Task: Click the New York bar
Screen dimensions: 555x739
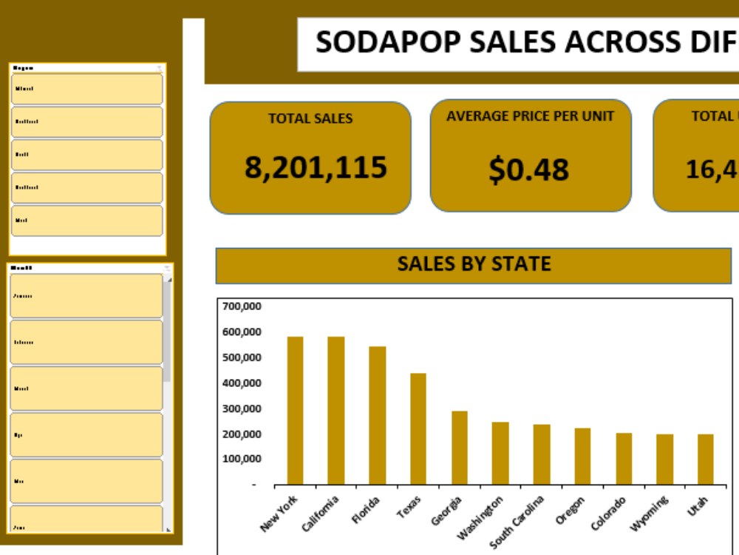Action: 295,411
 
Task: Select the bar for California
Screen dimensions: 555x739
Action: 336,411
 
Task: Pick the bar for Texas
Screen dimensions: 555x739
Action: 418,428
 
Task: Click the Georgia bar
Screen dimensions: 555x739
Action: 460,448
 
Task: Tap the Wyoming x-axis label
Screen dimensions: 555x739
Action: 650,513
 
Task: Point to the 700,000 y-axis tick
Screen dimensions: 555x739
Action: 242,306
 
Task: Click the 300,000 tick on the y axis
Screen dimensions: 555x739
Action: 242,408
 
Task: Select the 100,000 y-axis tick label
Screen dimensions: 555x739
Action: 242,459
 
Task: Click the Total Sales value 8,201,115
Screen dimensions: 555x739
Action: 316,168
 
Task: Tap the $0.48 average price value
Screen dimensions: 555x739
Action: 529,169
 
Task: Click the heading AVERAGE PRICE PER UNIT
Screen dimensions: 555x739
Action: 530,116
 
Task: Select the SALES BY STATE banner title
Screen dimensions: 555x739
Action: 474,264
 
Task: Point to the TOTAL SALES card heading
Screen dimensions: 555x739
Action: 310,118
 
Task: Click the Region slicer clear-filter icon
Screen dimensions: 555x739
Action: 159,68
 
